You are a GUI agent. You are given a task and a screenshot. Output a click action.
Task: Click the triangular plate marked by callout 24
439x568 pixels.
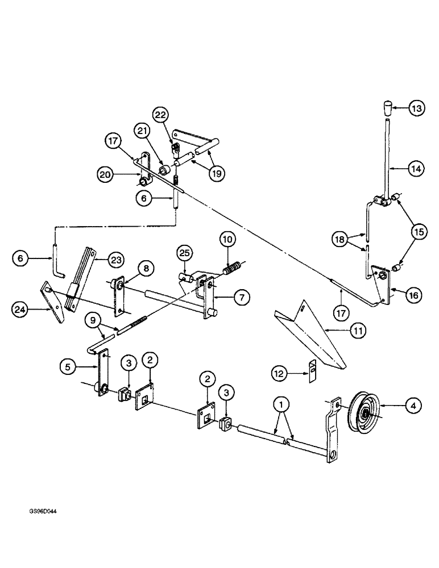point(55,301)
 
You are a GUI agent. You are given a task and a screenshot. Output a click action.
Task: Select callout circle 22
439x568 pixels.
point(160,115)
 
